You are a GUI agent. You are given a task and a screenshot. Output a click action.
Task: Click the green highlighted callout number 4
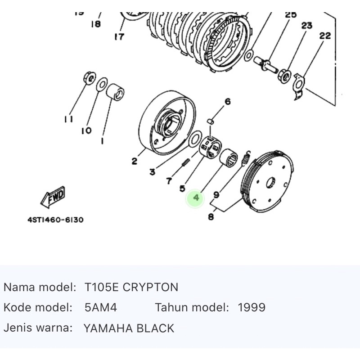196,198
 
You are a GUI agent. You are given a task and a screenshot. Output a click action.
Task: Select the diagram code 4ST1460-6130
55,220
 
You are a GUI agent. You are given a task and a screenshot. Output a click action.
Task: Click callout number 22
325,36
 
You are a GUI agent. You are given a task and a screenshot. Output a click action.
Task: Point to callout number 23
306,26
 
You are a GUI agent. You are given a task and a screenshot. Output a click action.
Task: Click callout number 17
119,36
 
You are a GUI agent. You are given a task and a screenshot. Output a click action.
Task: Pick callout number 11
68,119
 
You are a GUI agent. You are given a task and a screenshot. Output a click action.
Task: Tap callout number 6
227,102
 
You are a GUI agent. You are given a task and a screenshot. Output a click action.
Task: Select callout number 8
211,217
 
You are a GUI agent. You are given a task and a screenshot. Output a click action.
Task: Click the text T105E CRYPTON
131,287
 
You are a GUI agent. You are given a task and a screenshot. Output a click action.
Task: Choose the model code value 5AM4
100,308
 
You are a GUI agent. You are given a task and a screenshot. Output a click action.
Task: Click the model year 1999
251,308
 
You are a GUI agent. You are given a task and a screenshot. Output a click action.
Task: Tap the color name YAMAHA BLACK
129,328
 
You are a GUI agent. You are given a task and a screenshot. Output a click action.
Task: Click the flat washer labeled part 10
102,84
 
